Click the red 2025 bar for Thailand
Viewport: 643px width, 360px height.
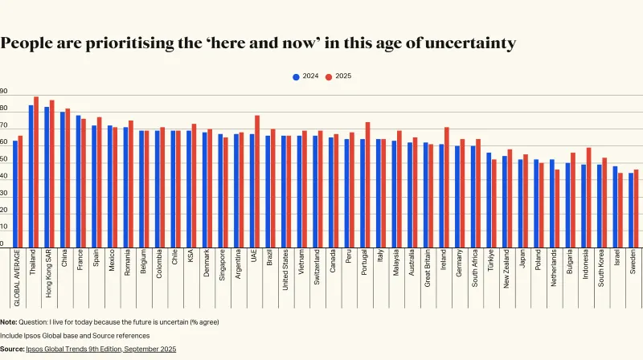[x=36, y=172]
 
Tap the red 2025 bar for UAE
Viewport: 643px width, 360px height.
[x=257, y=181]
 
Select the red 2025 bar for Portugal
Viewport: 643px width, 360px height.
[x=367, y=185]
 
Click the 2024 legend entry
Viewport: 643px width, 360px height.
[x=306, y=76]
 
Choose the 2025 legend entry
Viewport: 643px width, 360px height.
[x=340, y=76]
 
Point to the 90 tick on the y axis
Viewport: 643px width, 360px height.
[x=4, y=92]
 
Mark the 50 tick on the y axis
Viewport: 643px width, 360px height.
[x=4, y=163]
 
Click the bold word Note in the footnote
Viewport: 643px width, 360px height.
[x=9, y=321]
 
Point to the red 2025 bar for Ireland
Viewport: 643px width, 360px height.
[x=446, y=187]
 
